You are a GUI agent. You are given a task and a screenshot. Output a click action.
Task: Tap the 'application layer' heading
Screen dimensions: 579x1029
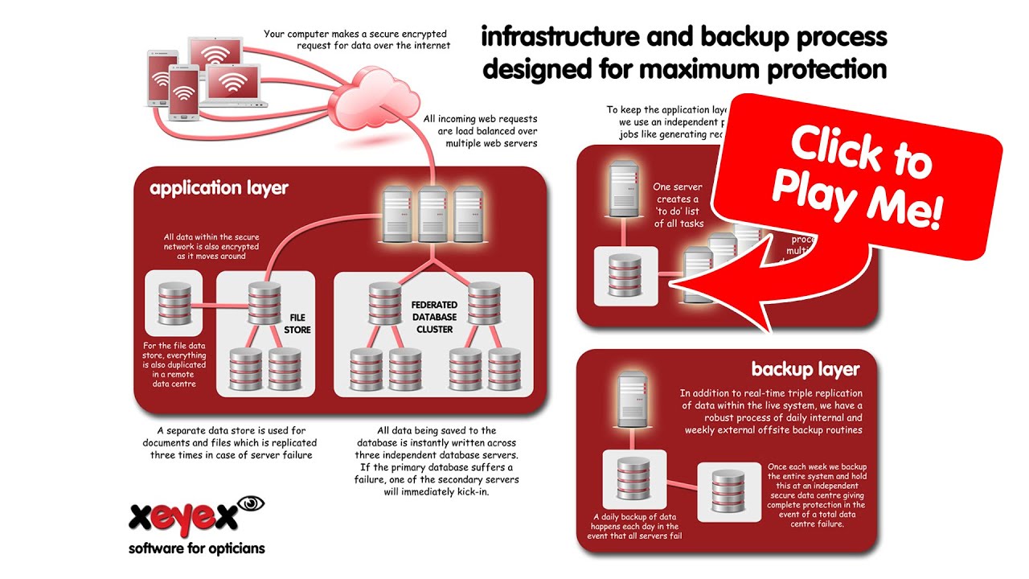pyautogui.click(x=218, y=189)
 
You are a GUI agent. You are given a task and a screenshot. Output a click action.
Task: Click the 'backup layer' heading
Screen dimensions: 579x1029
pyautogui.click(x=805, y=369)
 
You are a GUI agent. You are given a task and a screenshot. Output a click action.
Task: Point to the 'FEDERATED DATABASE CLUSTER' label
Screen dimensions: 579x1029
pyautogui.click(x=434, y=317)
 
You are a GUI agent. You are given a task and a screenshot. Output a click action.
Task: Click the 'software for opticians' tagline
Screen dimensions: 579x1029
pyautogui.click(x=196, y=549)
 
